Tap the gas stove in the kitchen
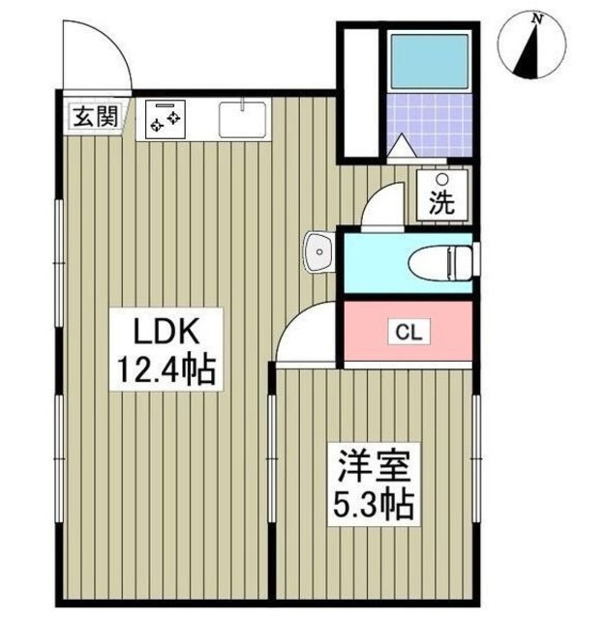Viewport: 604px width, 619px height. [166, 119]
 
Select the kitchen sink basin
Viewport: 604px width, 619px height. [242, 119]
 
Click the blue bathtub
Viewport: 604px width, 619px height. [430, 61]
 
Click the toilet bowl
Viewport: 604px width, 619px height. [440, 262]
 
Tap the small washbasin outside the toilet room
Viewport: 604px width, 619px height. [319, 251]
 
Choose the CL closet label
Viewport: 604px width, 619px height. [408, 333]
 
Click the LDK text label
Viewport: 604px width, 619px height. [166, 332]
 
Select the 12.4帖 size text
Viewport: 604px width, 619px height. [166, 370]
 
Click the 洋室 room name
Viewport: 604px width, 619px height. [374, 467]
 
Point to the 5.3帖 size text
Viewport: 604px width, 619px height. [374, 505]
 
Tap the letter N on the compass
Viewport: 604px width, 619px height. [536, 18]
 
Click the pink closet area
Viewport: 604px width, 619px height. [408, 331]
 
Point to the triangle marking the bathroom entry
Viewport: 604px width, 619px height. [401, 145]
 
